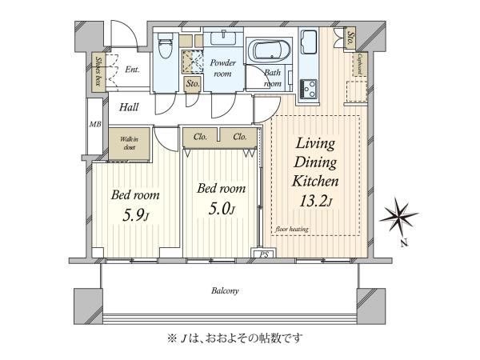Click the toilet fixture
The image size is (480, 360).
point(166,45)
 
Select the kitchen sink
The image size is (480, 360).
point(309,42)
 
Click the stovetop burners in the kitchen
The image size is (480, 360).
point(308,89)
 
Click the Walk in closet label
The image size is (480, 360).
point(129,143)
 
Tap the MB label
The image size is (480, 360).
point(95,125)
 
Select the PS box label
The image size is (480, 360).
point(264,254)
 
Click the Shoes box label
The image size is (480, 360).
point(98,71)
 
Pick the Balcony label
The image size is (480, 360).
point(225,290)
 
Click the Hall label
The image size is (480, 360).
point(129,107)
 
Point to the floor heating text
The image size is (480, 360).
point(292,229)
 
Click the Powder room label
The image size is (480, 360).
point(222,68)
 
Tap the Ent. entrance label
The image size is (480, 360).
point(132,70)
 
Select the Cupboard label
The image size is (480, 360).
point(360,65)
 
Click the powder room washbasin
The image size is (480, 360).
point(224,38)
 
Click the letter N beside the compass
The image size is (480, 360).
point(404,243)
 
